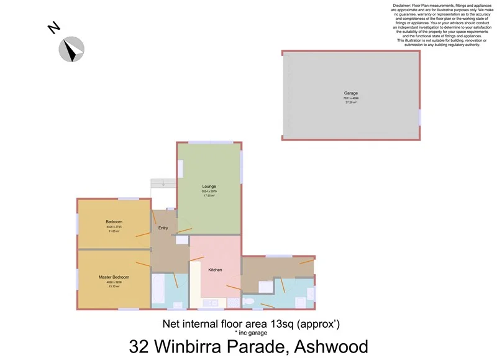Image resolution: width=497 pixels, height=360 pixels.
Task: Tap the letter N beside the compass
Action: click(54, 29)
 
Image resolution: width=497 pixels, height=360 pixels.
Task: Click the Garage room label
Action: click(351, 93)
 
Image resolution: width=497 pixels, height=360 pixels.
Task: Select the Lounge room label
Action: click(209, 186)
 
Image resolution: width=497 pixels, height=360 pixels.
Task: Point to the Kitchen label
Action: click(215, 270)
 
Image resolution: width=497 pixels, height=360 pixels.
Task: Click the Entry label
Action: click(163, 228)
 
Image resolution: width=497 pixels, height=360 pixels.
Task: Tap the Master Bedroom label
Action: click(114, 277)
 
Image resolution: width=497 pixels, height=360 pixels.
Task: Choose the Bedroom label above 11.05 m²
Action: click(114, 222)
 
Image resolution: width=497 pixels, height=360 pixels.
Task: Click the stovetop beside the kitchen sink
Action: click(234, 303)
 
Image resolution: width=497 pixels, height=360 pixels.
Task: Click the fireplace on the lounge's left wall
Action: click(180, 168)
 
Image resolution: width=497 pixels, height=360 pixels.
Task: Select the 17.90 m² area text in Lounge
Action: click(209, 196)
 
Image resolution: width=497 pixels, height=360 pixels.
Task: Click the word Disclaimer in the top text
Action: click(406, 5)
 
